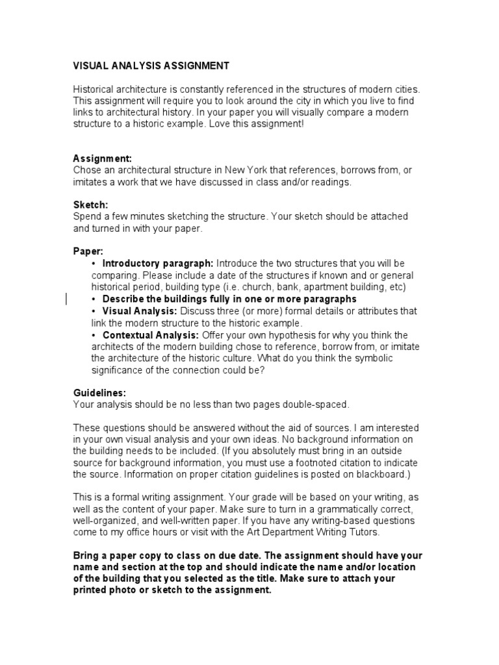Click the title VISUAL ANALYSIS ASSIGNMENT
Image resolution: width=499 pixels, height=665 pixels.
pyautogui.click(x=151, y=66)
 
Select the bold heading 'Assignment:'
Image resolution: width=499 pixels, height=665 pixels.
pyautogui.click(x=102, y=158)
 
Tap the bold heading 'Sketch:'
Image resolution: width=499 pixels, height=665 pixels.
pyautogui.click(x=90, y=205)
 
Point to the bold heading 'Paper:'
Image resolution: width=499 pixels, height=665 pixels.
pyautogui.click(x=88, y=251)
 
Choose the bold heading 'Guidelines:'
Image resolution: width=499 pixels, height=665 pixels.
pyautogui.click(x=99, y=393)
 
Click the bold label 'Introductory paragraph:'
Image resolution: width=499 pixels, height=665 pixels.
pyautogui.click(x=158, y=263)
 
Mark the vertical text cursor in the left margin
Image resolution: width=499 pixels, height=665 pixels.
pyautogui.click(x=67, y=299)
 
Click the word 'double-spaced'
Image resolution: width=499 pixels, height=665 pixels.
pyautogui.click(x=318, y=405)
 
